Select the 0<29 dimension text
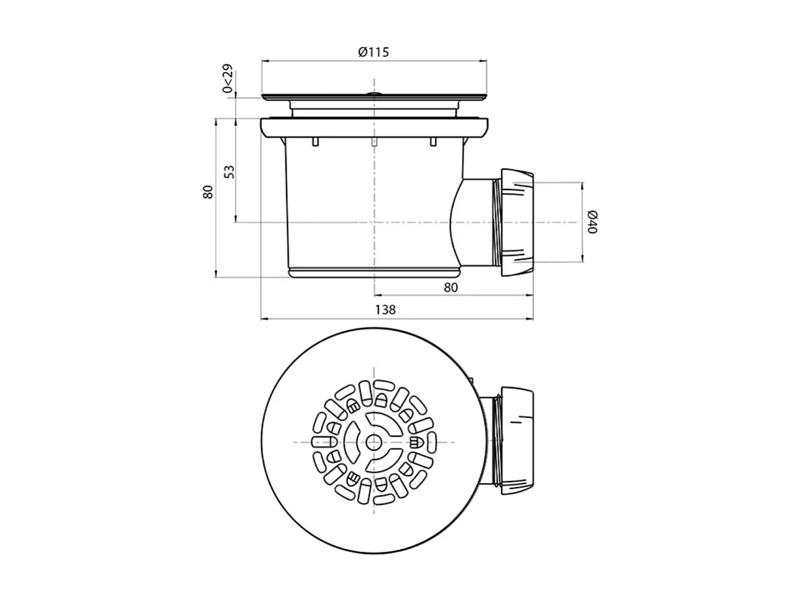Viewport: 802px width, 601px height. click(227, 79)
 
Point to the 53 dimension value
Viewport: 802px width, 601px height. click(229, 171)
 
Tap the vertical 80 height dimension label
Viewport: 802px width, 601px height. click(208, 192)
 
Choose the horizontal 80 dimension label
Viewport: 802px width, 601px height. click(451, 287)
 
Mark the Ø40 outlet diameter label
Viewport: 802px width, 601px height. click(592, 221)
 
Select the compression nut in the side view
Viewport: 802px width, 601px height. click(517, 221)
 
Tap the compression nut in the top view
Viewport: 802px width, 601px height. click(517, 440)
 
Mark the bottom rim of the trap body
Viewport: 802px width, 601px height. click(374, 272)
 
